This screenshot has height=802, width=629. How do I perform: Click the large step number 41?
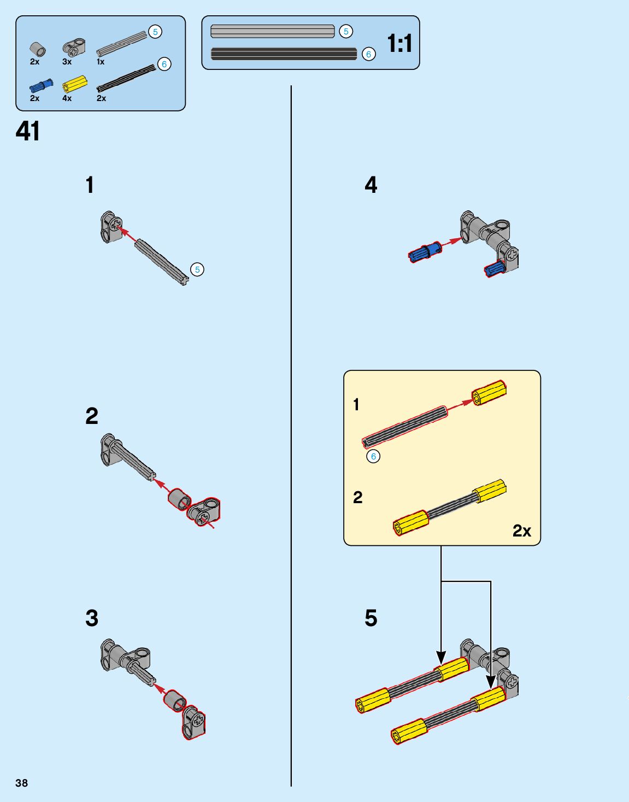tap(28, 131)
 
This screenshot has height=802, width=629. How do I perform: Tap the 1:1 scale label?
tap(399, 43)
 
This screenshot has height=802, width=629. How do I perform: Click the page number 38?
tap(21, 783)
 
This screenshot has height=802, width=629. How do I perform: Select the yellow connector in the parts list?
tap(75, 84)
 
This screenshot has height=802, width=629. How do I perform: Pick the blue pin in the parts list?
tap(42, 85)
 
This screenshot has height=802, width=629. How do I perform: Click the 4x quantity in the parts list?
tap(67, 98)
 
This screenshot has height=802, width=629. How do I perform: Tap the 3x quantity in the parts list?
tap(67, 62)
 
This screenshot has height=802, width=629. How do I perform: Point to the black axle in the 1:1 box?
tap(284, 54)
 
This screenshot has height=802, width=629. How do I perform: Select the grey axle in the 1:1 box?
tap(272, 31)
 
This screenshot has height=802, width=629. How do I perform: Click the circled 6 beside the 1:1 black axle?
tap(369, 54)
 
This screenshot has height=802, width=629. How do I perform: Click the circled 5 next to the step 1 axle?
tap(197, 269)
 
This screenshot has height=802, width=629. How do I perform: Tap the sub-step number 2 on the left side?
tap(92, 416)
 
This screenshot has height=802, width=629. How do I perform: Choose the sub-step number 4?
tap(371, 185)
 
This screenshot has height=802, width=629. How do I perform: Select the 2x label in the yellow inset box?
tap(521, 530)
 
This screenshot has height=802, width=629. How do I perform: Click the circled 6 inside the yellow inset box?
tap(373, 456)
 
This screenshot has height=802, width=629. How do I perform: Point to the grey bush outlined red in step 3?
tap(175, 701)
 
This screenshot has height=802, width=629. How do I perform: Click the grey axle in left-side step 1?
tap(162, 262)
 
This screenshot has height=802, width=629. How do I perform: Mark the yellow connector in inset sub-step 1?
tap(489, 392)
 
